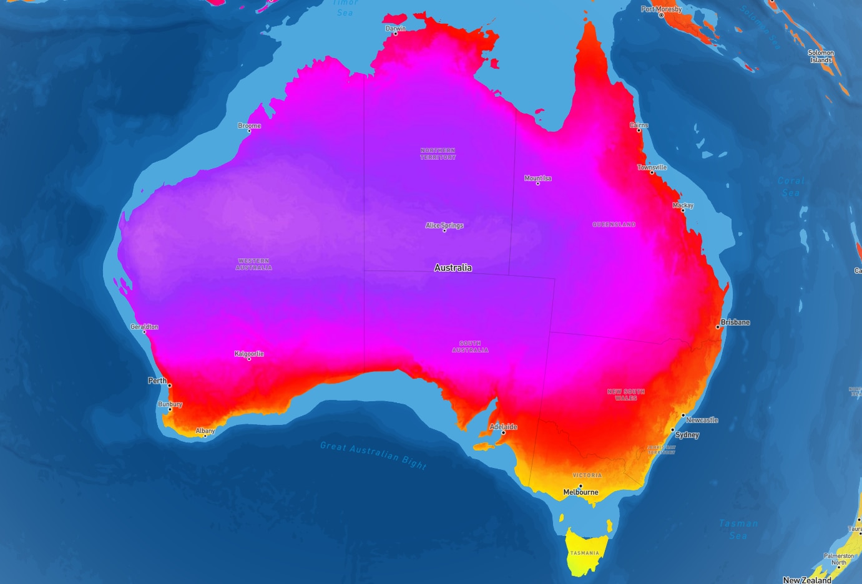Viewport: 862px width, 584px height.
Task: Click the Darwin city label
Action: point(395,29)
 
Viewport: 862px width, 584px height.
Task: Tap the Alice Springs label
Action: point(444,225)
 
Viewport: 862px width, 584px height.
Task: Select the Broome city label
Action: point(249,126)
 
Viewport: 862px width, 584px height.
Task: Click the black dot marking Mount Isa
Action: point(537,183)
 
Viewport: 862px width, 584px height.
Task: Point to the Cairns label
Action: point(639,125)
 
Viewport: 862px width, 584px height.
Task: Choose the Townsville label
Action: point(652,167)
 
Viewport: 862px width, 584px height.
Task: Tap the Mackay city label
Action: point(683,205)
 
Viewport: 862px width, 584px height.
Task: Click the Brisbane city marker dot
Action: point(718,327)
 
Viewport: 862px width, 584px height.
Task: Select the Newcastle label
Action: point(702,420)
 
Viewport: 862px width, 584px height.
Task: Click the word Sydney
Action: point(687,435)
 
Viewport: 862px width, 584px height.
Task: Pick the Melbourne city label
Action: point(580,492)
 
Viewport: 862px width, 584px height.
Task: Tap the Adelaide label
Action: point(503,427)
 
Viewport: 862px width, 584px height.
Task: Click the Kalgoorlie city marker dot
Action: point(249,359)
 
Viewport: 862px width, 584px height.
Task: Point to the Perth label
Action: point(157,381)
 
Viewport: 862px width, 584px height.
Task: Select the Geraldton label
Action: point(144,327)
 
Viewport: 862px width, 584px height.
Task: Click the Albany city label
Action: point(205,431)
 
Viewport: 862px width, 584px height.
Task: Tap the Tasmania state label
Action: point(584,553)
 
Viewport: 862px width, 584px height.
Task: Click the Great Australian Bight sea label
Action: point(373,454)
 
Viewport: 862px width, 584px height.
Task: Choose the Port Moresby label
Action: point(661,9)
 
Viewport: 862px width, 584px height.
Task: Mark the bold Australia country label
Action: point(453,268)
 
